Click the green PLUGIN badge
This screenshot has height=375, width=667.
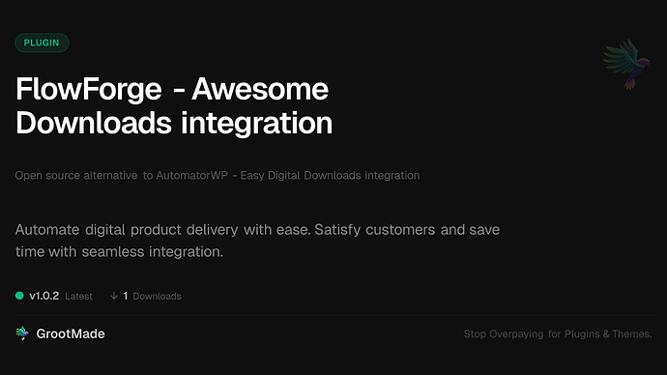(42, 43)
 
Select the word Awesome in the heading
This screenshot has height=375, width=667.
(260, 91)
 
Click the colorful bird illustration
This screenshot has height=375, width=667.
(623, 67)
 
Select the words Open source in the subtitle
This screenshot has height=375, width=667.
(46, 175)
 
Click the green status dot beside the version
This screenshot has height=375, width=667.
(20, 295)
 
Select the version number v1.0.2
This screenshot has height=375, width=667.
(46, 295)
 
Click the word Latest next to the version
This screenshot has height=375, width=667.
(78, 296)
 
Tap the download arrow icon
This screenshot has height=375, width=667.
(114, 295)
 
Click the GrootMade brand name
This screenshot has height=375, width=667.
(71, 333)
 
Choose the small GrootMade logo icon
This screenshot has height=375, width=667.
(22, 333)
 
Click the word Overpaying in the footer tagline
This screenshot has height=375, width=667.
(513, 334)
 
